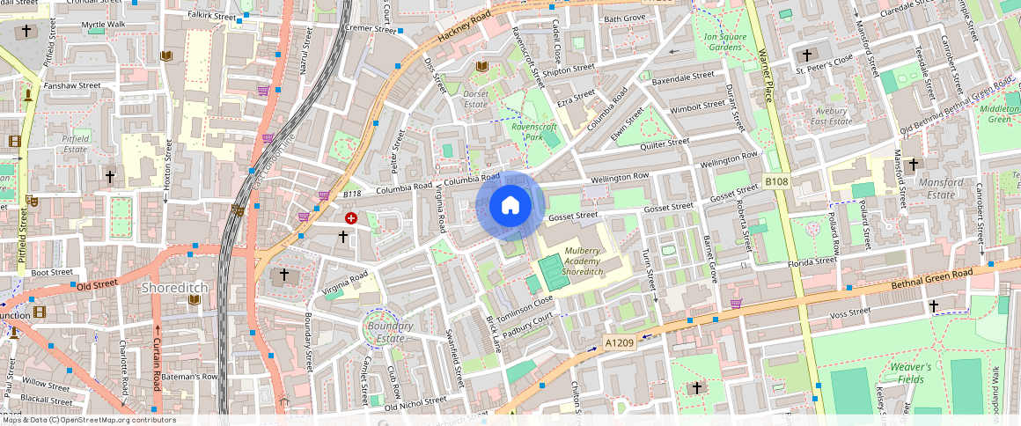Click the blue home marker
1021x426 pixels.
(510, 206)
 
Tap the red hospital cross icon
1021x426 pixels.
(351, 217)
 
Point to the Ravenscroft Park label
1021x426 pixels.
(534, 132)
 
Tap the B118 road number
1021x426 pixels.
(352, 194)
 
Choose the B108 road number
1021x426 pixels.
(775, 181)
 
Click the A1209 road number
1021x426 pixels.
(619, 342)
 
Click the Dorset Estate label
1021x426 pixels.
(476, 99)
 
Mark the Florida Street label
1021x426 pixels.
(812, 261)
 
